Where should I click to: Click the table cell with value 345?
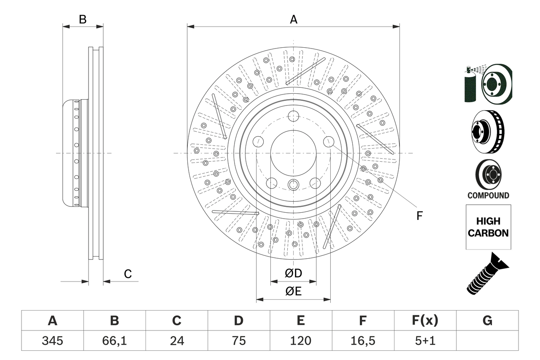[52, 341]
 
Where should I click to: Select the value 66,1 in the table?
[114, 341]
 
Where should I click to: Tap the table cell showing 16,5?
[362, 341]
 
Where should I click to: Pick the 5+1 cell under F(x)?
[424, 341]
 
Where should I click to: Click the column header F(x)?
[424, 321]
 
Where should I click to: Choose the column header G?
[487, 321]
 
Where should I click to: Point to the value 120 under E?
[300, 341]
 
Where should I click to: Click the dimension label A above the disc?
[293, 19]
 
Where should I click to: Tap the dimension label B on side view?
[83, 19]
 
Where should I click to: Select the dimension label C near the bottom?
[128, 274]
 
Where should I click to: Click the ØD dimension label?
[293, 273]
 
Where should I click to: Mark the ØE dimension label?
[293, 292]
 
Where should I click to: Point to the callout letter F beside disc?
[419, 216]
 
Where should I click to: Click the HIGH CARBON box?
[488, 227]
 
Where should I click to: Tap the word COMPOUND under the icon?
[488, 195]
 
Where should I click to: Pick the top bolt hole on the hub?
[293, 116]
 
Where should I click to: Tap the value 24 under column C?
[176, 341]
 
